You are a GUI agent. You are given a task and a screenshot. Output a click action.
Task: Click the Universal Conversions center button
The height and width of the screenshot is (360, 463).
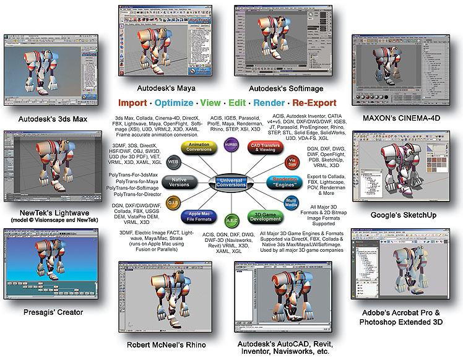(x=230, y=182)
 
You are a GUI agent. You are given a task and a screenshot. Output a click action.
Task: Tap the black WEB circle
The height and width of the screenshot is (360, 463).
(x=173, y=161)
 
